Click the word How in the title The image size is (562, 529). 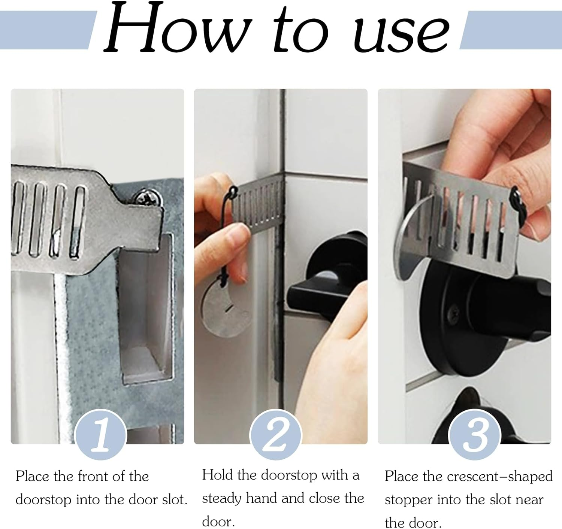[x=177, y=27]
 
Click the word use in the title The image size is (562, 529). [x=402, y=34]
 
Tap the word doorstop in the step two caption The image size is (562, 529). [x=288, y=475]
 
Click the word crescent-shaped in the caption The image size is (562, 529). [x=500, y=477]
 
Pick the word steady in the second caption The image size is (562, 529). [x=221, y=498]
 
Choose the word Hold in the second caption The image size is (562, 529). [x=217, y=475]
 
